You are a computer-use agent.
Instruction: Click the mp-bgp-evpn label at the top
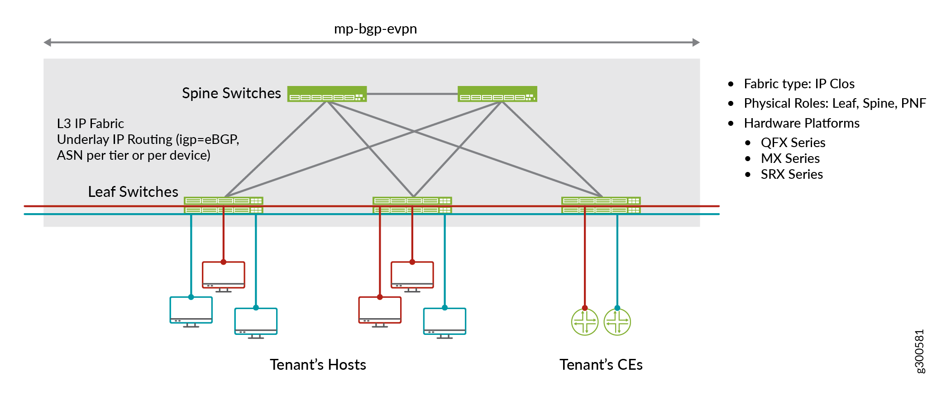coord(375,29)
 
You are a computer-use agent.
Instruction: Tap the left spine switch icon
coord(327,94)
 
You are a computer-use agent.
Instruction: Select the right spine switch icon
coord(497,94)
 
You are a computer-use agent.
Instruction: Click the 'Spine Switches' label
coord(231,93)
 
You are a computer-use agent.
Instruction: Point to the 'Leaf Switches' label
coord(133,192)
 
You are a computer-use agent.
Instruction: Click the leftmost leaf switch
coord(223,205)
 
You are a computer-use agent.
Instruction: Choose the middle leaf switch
coord(412,205)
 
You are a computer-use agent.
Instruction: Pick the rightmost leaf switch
coord(601,205)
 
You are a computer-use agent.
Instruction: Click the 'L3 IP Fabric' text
coord(91,124)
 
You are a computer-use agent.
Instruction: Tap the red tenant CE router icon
coord(584,322)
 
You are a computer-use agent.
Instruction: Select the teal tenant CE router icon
coord(617,322)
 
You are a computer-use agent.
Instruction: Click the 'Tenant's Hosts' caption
coord(318,365)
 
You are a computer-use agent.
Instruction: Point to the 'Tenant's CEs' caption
coord(601,365)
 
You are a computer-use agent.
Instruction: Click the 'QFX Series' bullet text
coord(793,143)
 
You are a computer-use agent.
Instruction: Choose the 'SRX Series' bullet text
coord(792,174)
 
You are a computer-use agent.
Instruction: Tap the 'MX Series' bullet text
coord(790,158)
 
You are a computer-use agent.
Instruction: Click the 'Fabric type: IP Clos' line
coord(799,84)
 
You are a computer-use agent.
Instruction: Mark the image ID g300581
coord(919,351)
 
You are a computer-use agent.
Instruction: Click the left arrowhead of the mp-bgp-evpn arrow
coord(47,43)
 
